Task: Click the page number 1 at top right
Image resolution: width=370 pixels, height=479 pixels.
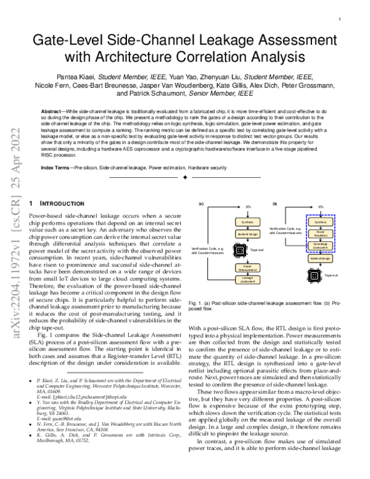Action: (x=340, y=19)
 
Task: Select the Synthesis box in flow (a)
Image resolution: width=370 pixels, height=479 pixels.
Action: (x=247, y=222)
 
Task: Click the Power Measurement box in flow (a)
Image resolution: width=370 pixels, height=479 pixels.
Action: (x=247, y=268)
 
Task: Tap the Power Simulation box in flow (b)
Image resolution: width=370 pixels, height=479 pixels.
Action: (x=320, y=233)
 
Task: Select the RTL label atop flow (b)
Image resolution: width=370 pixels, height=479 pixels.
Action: (x=321, y=207)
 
